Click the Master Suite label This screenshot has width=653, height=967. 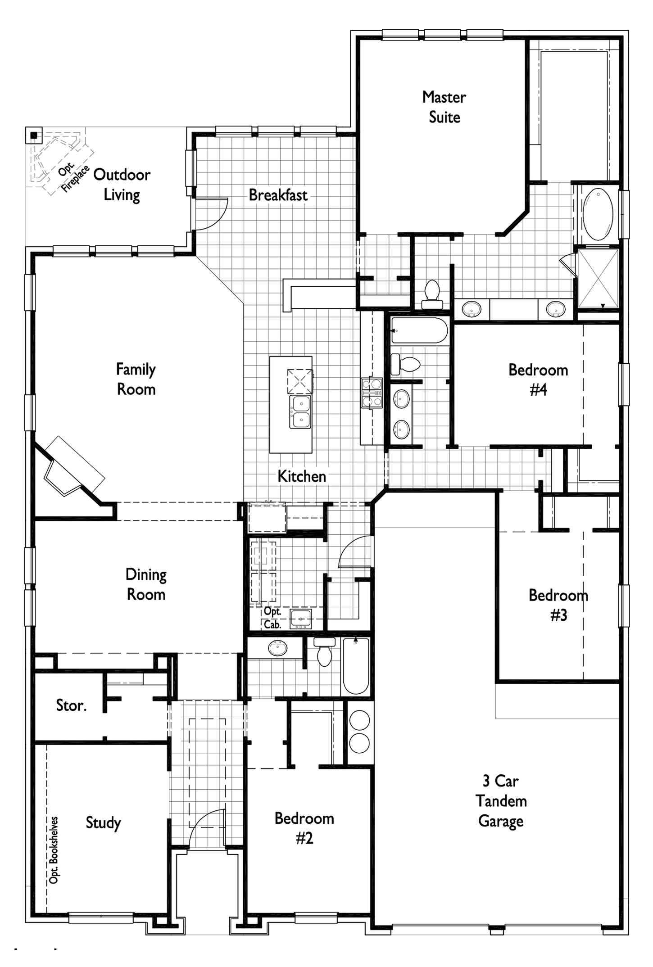(x=444, y=107)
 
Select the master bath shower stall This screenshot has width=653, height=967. (x=599, y=278)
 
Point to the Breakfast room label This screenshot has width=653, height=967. (x=278, y=195)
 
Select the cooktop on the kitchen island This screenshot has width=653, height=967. (x=300, y=381)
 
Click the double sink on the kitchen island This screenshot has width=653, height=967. (x=300, y=412)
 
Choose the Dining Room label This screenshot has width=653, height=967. (x=145, y=584)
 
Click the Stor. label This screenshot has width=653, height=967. (x=71, y=705)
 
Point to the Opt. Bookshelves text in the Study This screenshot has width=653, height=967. (x=54, y=850)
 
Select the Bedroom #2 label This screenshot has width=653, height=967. (x=304, y=828)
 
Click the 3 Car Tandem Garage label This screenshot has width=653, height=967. (x=501, y=801)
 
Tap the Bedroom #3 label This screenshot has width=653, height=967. (x=558, y=605)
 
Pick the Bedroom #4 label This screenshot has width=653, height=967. (x=538, y=379)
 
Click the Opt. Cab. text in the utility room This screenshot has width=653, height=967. (x=272, y=618)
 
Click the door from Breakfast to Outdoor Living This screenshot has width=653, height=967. (x=211, y=214)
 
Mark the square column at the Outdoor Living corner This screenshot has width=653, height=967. (x=34, y=135)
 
